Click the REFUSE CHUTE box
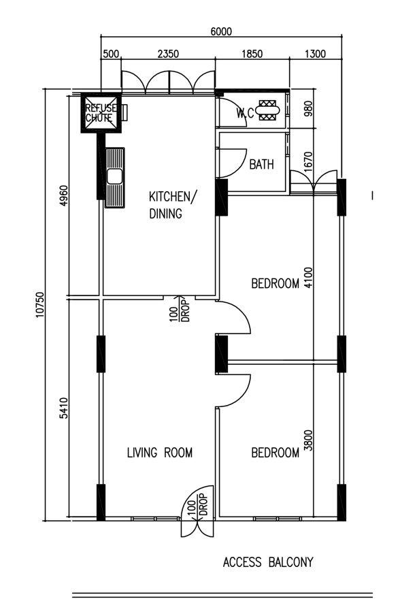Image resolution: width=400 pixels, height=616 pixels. (x=101, y=112)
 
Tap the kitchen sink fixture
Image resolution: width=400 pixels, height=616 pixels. (x=115, y=177)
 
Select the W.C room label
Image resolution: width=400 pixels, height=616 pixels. (x=245, y=114)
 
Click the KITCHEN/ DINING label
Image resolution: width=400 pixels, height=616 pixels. (x=173, y=205)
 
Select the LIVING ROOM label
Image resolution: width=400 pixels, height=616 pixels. (x=160, y=453)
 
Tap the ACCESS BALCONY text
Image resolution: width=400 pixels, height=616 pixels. (x=268, y=562)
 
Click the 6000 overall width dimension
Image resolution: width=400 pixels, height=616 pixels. (x=220, y=31)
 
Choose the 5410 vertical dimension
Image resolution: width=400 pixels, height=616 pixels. (x=64, y=413)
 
